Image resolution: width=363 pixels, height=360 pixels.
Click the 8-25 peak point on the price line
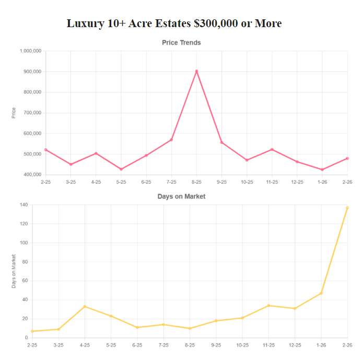(196, 71)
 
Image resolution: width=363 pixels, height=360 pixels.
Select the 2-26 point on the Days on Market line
(347, 208)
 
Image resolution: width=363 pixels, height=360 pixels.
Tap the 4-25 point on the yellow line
(85, 306)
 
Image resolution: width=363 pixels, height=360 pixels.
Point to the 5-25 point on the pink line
(121, 169)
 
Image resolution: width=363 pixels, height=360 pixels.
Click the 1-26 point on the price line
(322, 170)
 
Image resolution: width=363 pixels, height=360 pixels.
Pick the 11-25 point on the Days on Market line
(268, 306)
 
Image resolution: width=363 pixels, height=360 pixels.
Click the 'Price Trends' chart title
(181, 43)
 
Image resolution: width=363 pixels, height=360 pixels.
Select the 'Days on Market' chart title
(181, 197)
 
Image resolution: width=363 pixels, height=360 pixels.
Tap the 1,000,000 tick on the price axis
(30, 51)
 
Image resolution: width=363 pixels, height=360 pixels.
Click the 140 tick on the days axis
(24, 205)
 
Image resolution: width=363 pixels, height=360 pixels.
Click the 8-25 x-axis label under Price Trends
(196, 182)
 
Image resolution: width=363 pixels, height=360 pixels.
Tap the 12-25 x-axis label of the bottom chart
(295, 345)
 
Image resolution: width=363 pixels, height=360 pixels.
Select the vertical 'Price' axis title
(14, 113)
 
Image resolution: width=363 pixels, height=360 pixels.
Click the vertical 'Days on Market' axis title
(14, 271)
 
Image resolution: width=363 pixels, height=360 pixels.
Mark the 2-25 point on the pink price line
(46, 150)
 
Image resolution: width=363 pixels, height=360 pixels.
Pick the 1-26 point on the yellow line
(321, 293)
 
